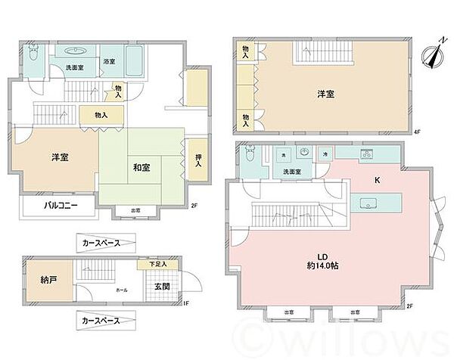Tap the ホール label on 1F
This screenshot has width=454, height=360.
[121, 289]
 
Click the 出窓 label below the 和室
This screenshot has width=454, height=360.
[134, 211]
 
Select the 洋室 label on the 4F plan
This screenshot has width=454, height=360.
[325, 94]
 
